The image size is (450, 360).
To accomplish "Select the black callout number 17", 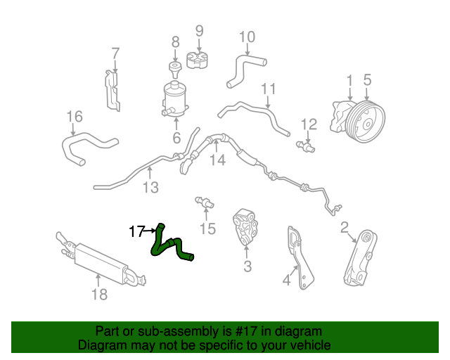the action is (136, 231).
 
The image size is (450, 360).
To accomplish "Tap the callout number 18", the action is (99, 295).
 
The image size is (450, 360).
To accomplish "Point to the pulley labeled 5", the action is (365, 122).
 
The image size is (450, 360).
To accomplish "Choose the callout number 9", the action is (200, 31).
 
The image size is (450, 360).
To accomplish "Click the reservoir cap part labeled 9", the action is (198, 60).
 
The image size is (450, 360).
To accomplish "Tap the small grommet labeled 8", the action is (175, 69).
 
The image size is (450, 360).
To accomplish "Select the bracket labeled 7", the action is (112, 91).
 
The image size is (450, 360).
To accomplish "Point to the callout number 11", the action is (269, 89).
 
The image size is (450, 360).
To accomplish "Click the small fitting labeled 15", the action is (205, 202).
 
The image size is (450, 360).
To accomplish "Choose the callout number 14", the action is (217, 160).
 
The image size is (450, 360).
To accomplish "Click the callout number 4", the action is (286, 280).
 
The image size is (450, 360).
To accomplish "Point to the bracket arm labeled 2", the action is (361, 257).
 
